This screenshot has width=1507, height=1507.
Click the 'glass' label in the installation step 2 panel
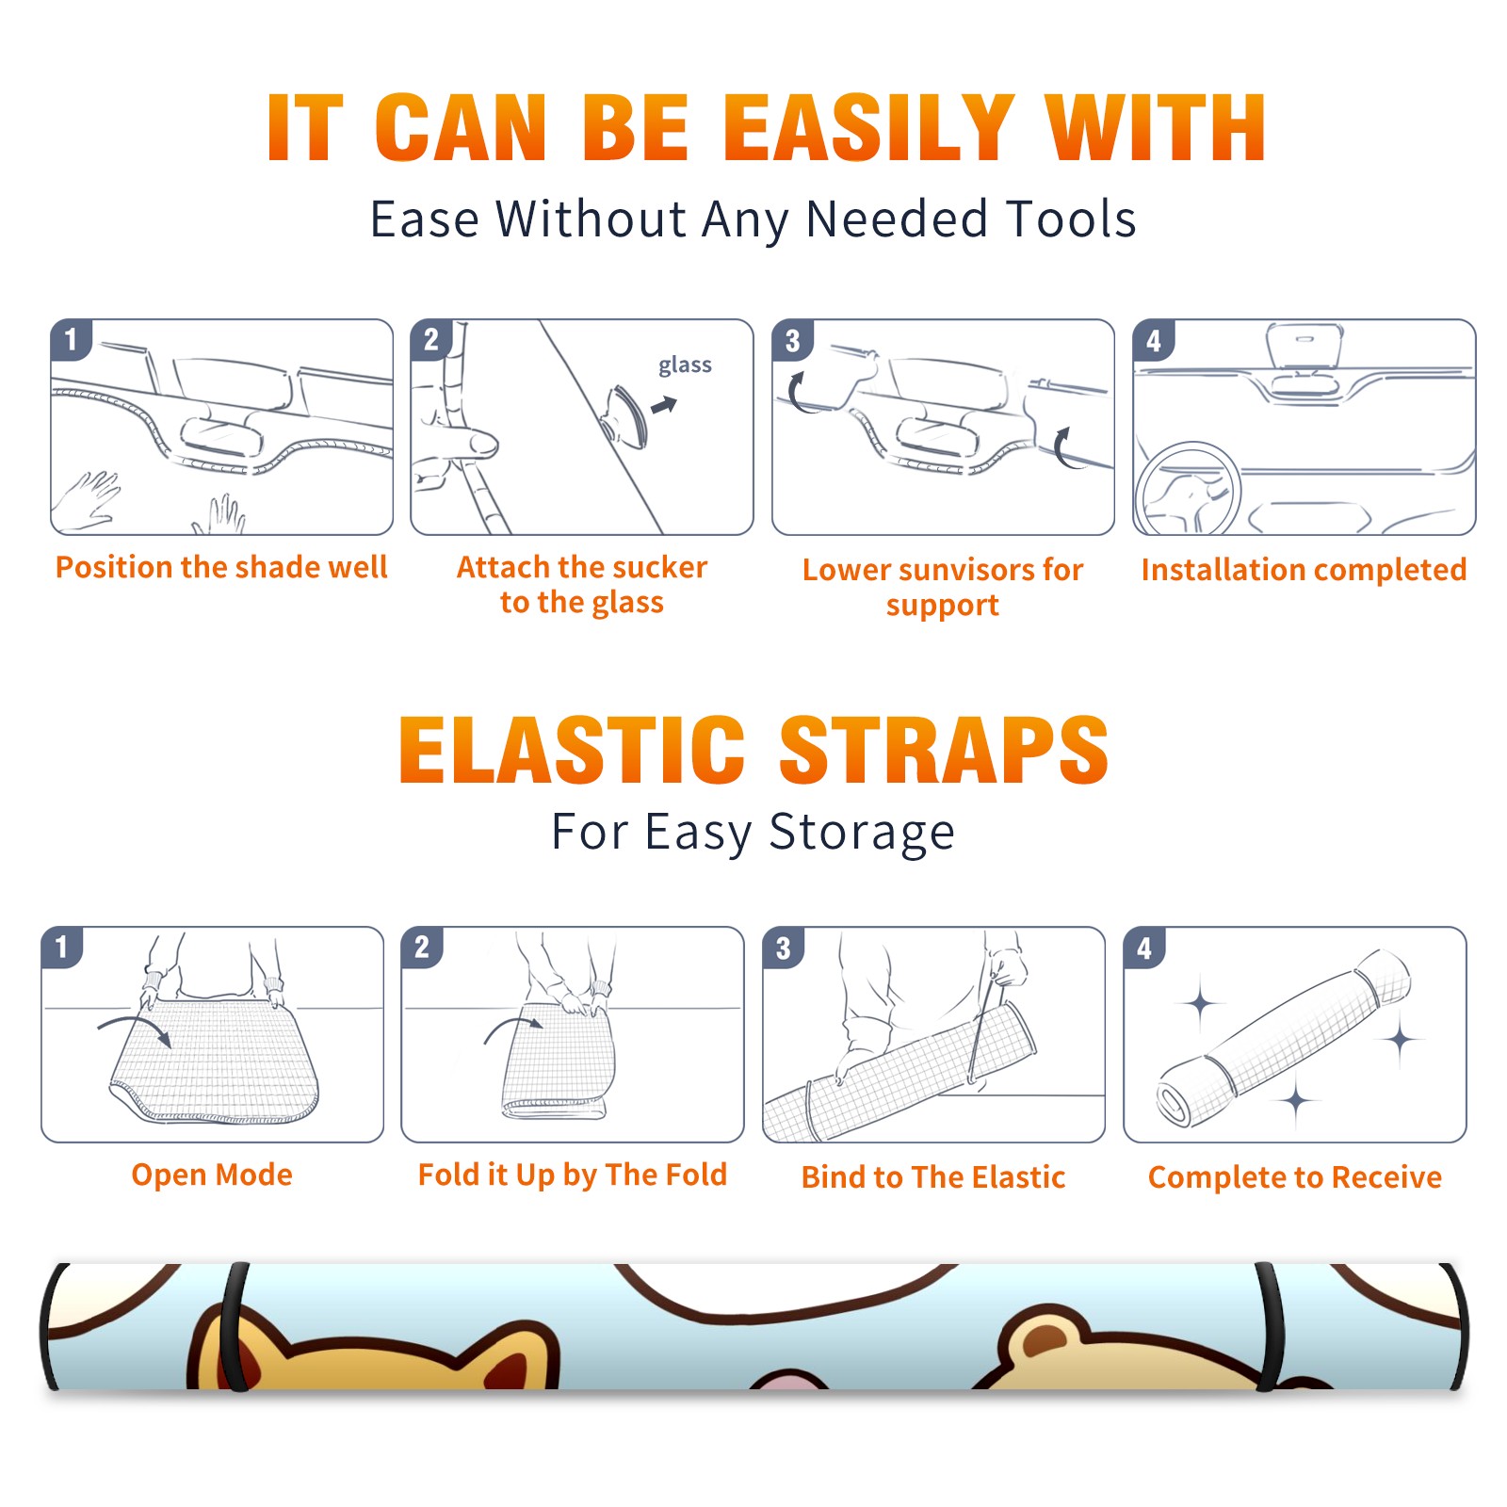(x=685, y=365)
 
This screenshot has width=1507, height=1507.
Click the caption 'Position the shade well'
(x=221, y=567)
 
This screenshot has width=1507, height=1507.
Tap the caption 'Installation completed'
(x=1304, y=570)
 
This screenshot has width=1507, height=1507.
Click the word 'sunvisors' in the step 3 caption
(x=967, y=570)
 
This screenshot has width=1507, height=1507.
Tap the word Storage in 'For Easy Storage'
(x=862, y=834)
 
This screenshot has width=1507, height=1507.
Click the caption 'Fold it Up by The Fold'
(x=573, y=1175)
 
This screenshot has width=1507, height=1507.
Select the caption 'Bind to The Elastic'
(x=933, y=1177)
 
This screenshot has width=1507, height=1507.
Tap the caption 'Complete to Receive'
(x=1295, y=1177)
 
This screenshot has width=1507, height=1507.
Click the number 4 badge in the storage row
(x=1144, y=948)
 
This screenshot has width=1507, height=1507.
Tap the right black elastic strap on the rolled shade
(x=1271, y=1326)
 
